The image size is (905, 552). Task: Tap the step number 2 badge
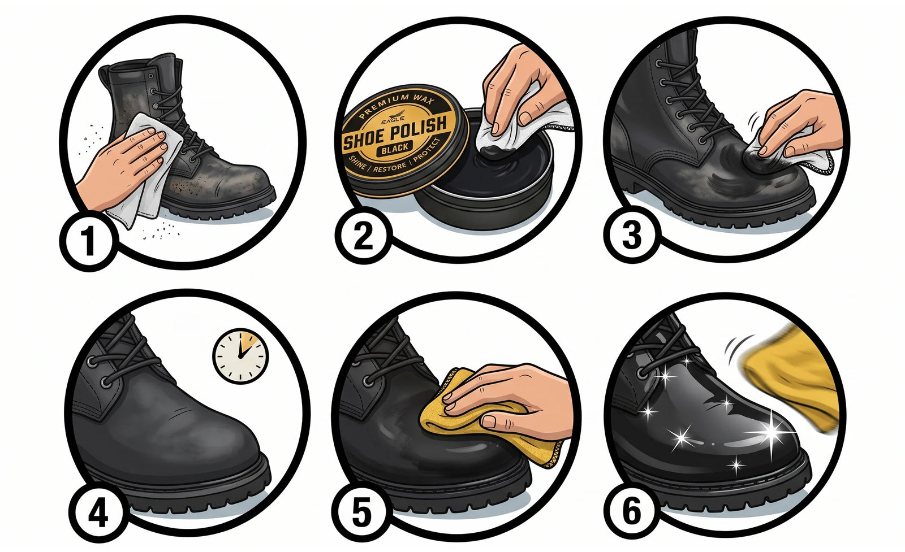coord(363,236)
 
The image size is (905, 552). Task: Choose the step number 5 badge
coord(362,512)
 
